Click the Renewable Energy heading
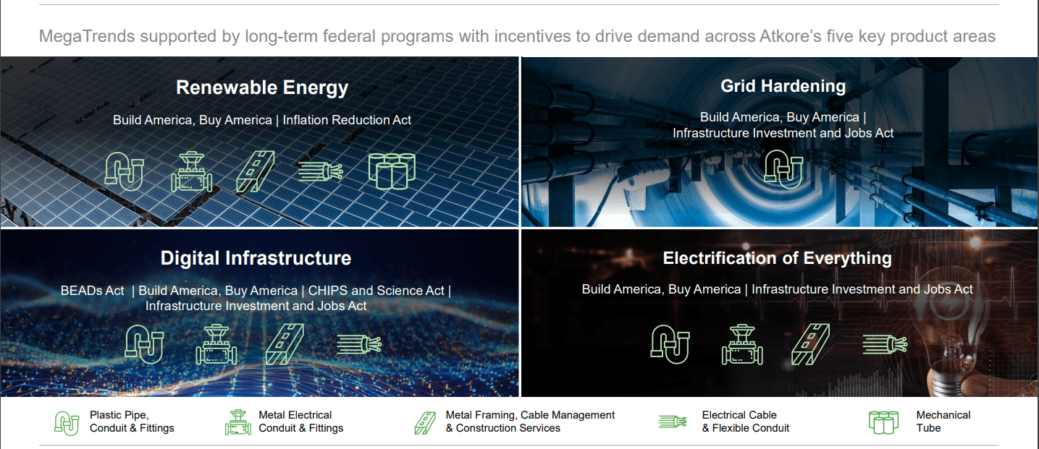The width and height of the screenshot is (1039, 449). point(262,88)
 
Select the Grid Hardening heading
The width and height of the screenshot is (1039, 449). point(783,86)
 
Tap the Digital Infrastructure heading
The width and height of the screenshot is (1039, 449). point(256,258)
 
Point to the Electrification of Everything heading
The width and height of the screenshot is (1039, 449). point(777,258)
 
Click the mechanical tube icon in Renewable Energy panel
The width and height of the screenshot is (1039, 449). point(391,171)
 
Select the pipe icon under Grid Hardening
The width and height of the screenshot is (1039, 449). point(783,169)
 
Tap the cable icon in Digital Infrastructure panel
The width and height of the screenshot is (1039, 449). point(359,345)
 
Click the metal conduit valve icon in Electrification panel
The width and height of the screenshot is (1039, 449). point(742,345)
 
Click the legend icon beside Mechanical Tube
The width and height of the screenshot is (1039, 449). point(883,422)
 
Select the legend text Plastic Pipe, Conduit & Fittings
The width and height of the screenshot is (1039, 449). point(132,422)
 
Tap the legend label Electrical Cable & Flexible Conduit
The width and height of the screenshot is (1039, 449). point(745,422)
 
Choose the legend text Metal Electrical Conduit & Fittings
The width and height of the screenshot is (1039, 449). point(300,422)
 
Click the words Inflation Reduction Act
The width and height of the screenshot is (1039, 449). point(347,120)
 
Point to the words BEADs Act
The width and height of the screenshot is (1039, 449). point(93,291)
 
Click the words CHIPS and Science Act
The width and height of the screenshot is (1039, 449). point(376,291)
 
